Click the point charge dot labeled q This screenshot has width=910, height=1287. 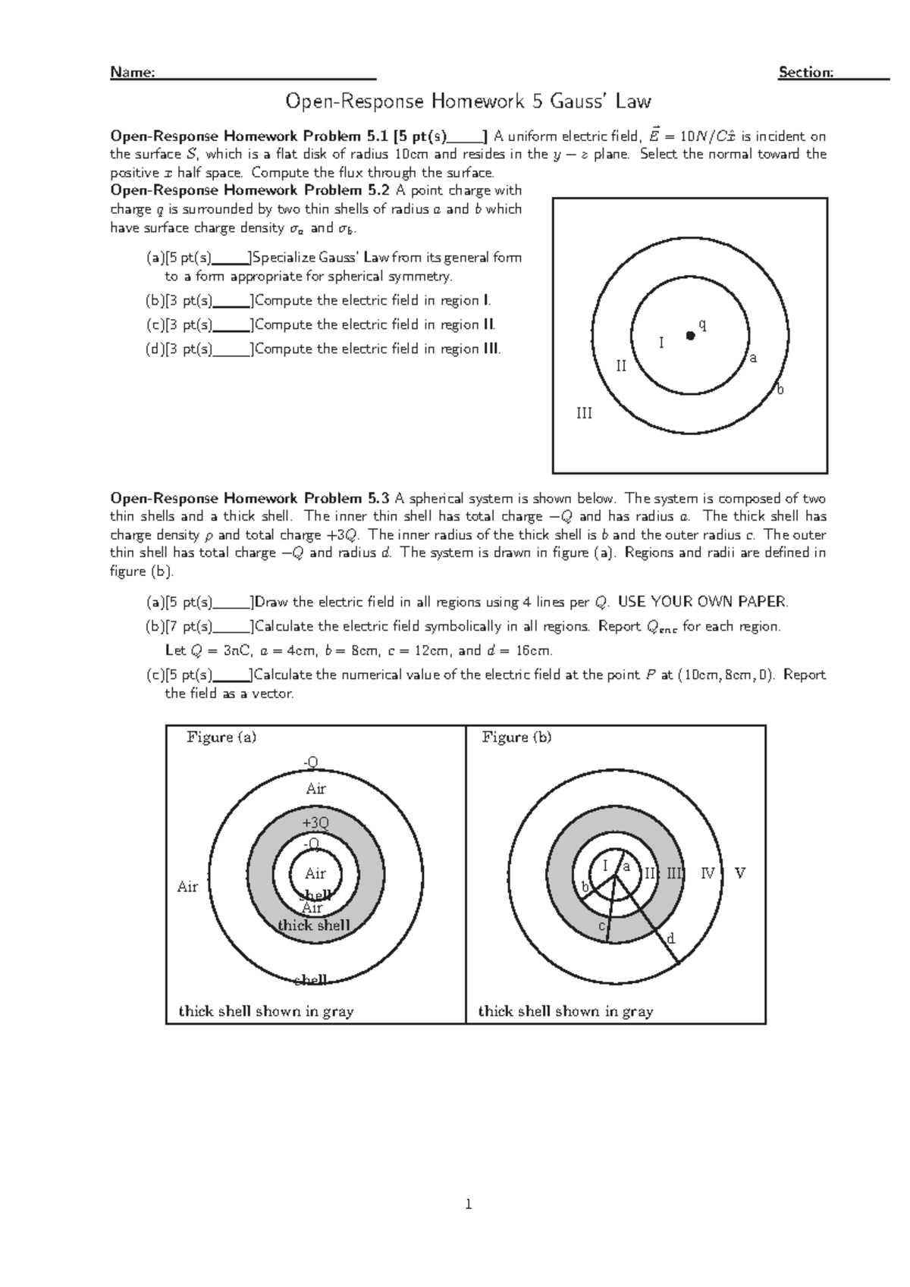point(690,335)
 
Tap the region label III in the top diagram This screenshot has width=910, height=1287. point(584,413)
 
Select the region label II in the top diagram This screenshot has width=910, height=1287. point(622,366)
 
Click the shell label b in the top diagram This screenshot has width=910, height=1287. point(780,390)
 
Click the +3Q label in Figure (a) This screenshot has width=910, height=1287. point(315,822)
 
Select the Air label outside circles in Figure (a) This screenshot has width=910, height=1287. point(187,886)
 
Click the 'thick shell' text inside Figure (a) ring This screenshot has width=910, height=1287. point(314,925)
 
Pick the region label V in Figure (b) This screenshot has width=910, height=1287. point(740,873)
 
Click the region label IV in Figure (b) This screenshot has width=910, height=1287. point(708,873)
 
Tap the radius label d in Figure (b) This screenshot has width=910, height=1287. point(670,939)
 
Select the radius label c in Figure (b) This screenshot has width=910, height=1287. point(602,926)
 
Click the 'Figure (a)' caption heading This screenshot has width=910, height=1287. point(221,737)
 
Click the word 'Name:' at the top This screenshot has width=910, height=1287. point(133,72)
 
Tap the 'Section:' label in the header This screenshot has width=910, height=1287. point(806,72)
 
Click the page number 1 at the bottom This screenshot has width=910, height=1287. point(469,1204)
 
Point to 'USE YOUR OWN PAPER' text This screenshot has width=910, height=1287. point(703,603)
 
